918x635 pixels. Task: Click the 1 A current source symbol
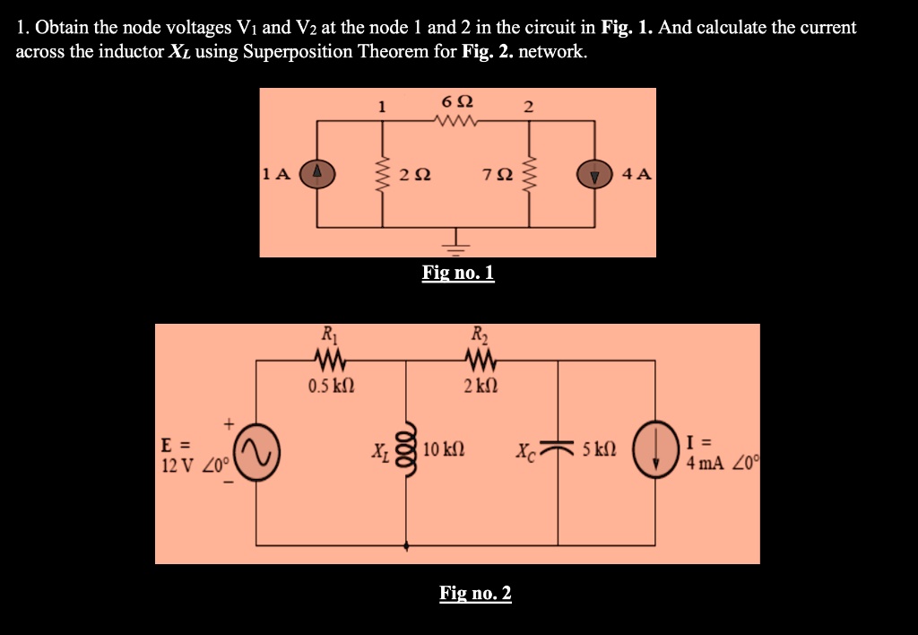pyautogui.click(x=317, y=173)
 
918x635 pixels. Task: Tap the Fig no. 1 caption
pyautogui.click(x=458, y=273)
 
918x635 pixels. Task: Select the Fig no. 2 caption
pyautogui.click(x=475, y=593)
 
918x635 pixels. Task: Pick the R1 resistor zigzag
pyautogui.click(x=329, y=361)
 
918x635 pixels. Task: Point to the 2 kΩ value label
pyautogui.click(x=480, y=387)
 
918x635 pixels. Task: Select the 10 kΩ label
pyautogui.click(x=444, y=448)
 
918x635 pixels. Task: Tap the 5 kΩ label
pyautogui.click(x=598, y=448)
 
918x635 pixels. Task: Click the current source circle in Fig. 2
pyautogui.click(x=655, y=448)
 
